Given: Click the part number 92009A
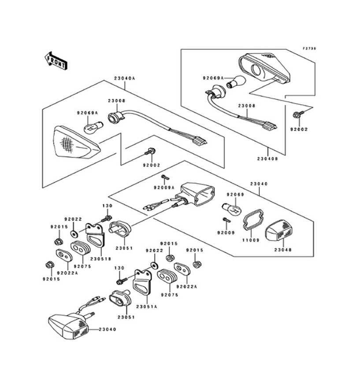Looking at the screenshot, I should pos(164,187).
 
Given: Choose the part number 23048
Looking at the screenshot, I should pos(282,250).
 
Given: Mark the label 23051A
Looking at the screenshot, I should pos(146,306).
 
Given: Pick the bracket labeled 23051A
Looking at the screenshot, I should pos(144,283).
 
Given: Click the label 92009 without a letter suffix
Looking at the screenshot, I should pos(226,232).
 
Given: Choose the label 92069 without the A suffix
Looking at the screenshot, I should pos(235,194).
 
